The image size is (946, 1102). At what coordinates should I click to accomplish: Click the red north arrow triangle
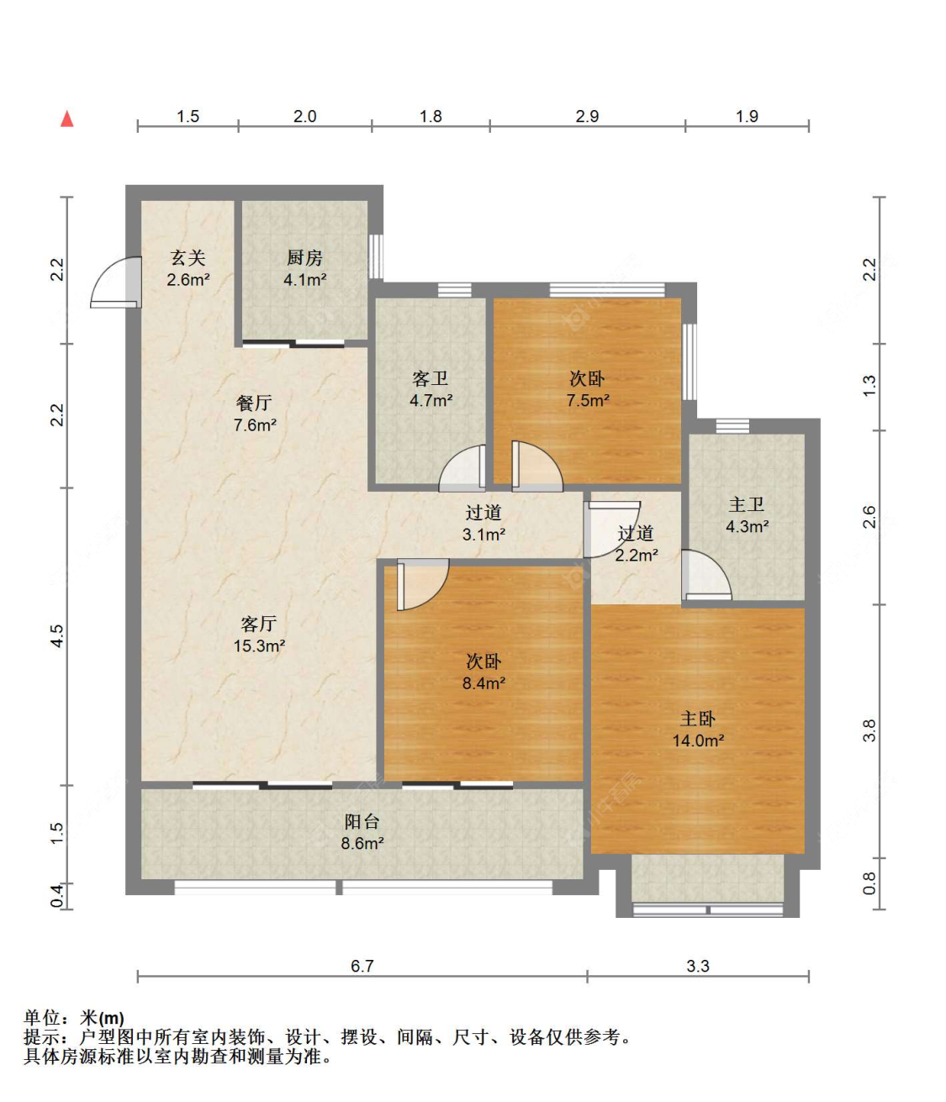tap(66, 119)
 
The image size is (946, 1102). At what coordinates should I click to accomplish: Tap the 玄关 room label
tap(188, 258)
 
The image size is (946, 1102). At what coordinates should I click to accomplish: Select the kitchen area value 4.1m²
tap(304, 279)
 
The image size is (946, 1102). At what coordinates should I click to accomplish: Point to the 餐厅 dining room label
tap(254, 403)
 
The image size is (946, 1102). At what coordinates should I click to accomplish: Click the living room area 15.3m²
tap(259, 646)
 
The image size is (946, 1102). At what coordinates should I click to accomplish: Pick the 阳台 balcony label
tap(362, 821)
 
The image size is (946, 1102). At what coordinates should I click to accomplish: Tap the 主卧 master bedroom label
tap(697, 720)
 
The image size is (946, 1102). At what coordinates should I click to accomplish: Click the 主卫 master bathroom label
tap(747, 504)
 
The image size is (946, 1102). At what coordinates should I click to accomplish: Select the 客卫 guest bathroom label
tap(430, 378)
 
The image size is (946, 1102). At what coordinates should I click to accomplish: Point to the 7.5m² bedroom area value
tap(588, 400)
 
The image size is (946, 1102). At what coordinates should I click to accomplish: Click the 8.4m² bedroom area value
tap(484, 683)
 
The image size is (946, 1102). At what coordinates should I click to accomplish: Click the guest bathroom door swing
tap(462, 468)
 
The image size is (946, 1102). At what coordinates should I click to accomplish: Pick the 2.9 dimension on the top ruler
tap(587, 116)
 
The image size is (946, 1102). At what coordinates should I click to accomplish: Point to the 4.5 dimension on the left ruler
tap(56, 636)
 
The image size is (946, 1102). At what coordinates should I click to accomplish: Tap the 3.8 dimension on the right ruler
tap(869, 730)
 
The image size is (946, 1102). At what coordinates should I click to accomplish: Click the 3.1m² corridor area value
tap(484, 535)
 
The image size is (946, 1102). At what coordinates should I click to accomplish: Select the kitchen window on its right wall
tap(376, 256)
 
